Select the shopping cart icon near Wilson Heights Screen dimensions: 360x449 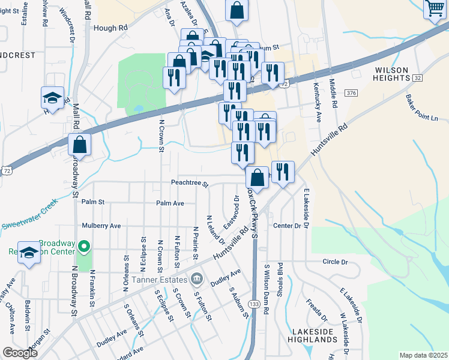pyautogui.click(x=435, y=9)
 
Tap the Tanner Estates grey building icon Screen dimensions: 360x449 pyautogui.click(x=196, y=279)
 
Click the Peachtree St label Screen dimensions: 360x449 pyautogui.click(x=188, y=184)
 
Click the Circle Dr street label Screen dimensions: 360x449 pyautogui.click(x=335, y=262)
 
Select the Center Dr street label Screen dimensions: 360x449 pyautogui.click(x=286, y=226)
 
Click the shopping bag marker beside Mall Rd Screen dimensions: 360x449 pyautogui.click(x=80, y=144)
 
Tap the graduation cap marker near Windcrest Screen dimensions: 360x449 pyautogui.click(x=53, y=98)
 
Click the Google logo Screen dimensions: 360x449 pyautogui.click(x=20, y=353)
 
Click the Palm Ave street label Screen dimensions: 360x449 pyautogui.click(x=170, y=203)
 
